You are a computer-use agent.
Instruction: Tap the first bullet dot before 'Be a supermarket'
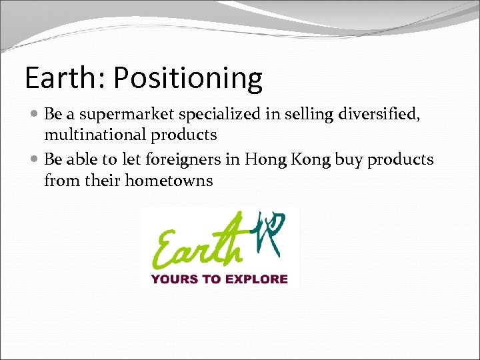pos(35,115)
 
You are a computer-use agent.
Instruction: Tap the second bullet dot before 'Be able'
pos(35,161)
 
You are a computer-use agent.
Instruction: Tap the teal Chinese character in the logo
pos(271,234)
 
